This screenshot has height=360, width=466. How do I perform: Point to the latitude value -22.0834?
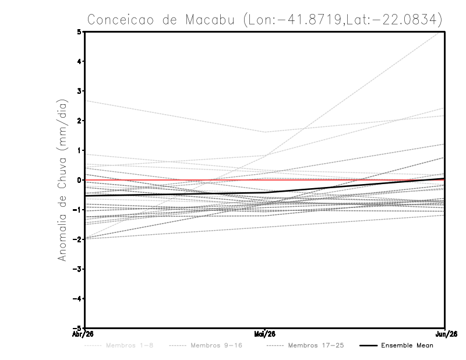click(401, 19)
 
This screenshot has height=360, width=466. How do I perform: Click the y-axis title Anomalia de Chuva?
click(63, 180)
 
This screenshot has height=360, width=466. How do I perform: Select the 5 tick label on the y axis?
click(79, 31)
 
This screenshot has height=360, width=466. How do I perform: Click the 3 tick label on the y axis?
click(79, 91)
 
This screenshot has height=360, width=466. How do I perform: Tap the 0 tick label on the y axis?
click(79, 180)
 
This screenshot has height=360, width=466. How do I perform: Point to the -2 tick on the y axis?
click(77, 239)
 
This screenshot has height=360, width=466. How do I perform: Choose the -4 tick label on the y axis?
click(77, 299)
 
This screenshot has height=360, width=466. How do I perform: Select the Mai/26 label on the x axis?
click(265, 334)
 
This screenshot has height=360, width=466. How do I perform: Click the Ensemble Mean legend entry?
click(407, 346)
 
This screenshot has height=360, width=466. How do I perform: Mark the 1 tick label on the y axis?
click(79, 150)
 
